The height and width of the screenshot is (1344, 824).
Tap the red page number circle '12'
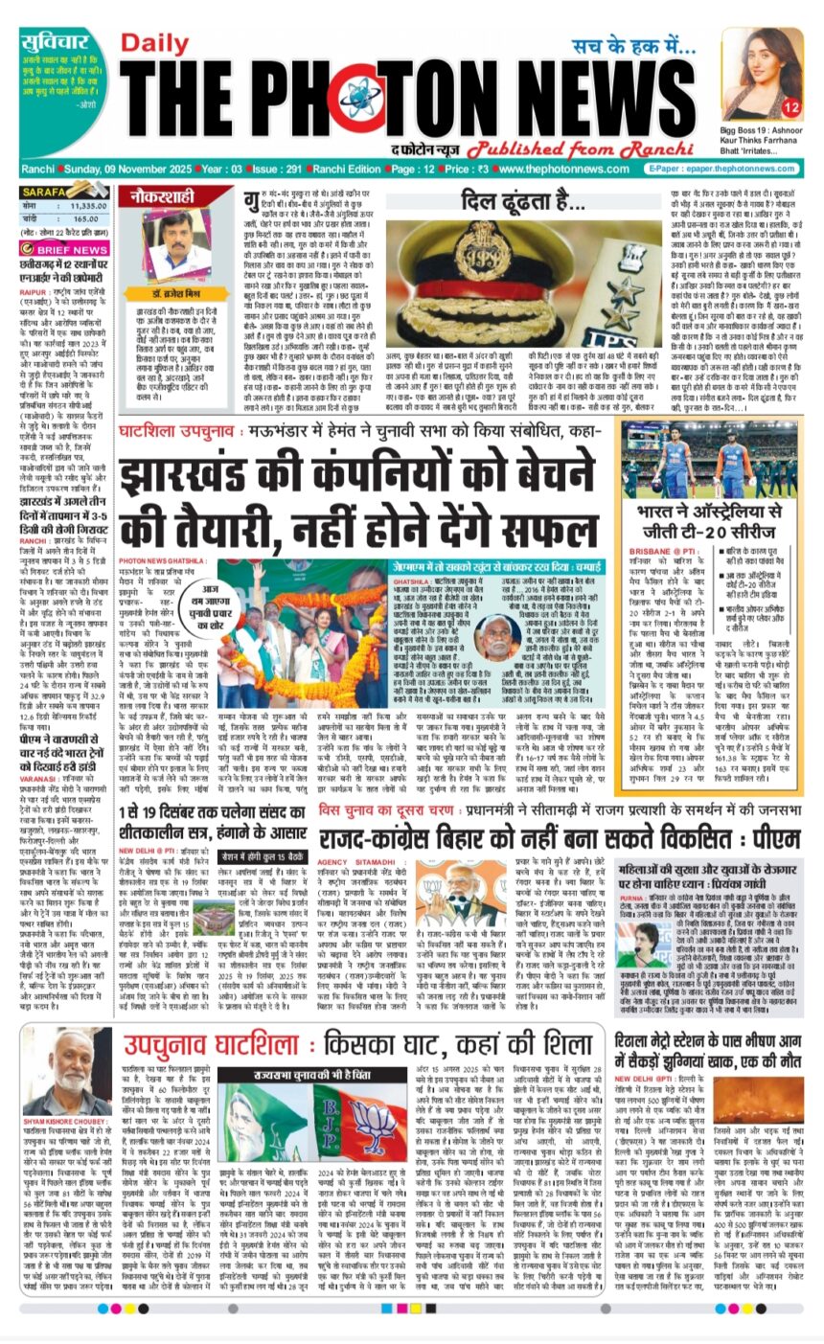[790, 105]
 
